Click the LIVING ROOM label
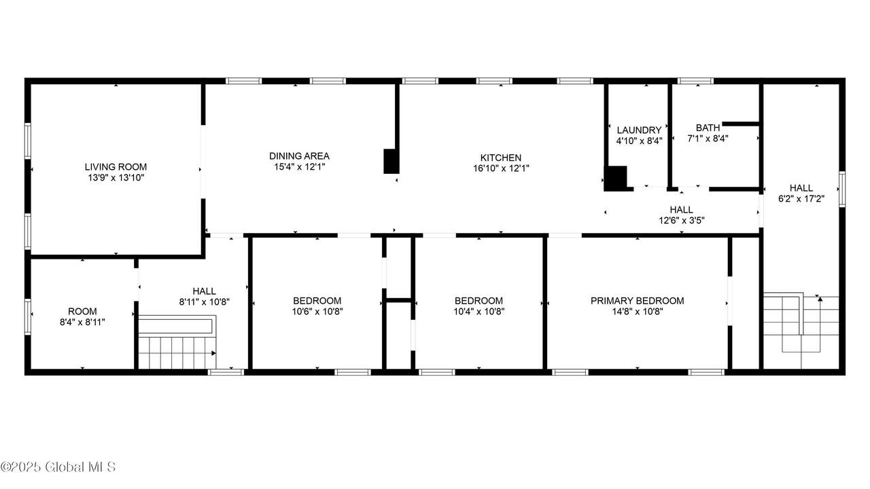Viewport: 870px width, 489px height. tap(116, 167)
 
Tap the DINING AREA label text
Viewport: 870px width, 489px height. tap(299, 156)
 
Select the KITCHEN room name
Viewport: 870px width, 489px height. tap(501, 158)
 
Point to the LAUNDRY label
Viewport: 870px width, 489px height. tap(639, 130)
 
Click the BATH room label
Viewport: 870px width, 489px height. tap(708, 128)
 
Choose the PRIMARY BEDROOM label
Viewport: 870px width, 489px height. tap(637, 301)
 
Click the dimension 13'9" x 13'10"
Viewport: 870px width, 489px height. tap(116, 178)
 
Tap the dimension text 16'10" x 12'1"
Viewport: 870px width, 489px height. tap(501, 168)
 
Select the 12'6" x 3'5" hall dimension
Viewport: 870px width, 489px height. tap(681, 221)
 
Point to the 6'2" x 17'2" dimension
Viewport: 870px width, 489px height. tap(801, 199)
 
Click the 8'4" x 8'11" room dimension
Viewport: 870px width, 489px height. tap(82, 322)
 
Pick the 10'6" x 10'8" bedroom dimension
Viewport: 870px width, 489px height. tap(317, 311)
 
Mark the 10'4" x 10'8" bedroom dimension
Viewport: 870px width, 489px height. tap(479, 311)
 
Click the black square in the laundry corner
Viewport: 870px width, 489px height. tap(616, 179)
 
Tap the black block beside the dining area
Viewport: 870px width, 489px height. tap(391, 161)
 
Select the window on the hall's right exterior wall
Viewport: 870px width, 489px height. tap(841, 189)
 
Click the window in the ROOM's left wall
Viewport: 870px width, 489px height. tap(28, 316)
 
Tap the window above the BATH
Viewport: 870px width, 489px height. tap(695, 81)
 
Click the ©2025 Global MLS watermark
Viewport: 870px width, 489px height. tap(58, 467)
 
